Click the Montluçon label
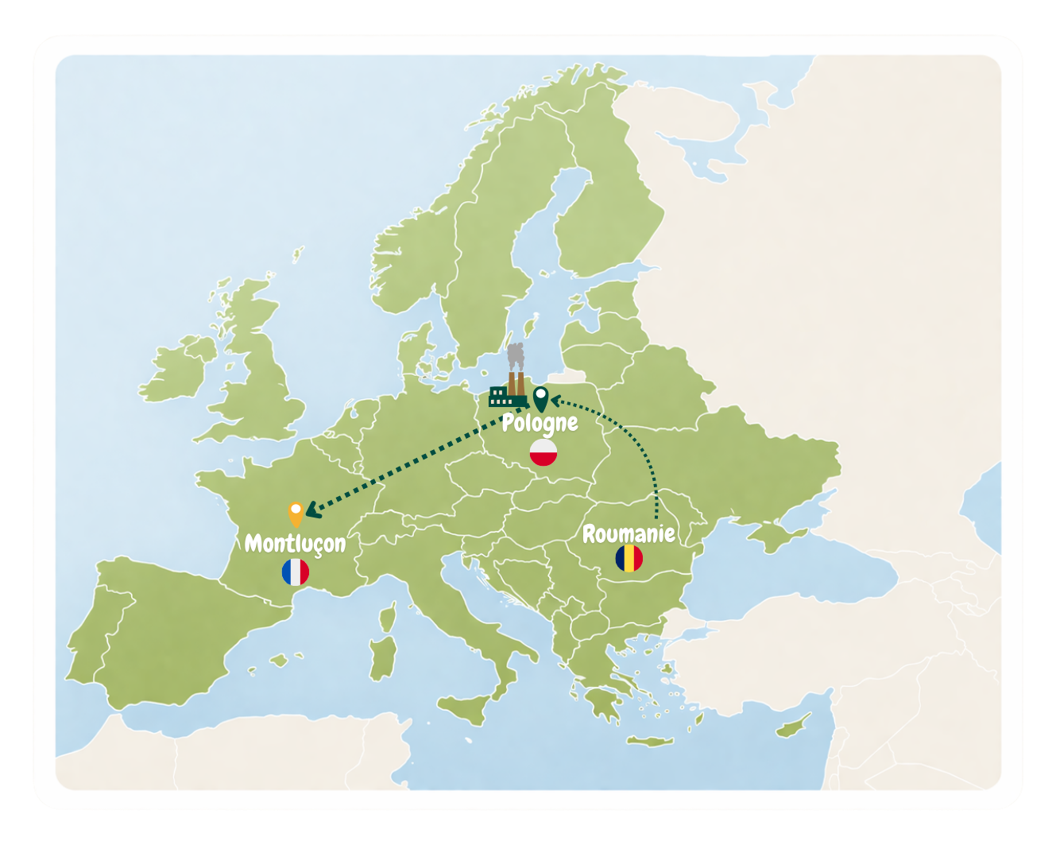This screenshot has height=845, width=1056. pos(295,543)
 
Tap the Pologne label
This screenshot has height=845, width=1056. pos(540,423)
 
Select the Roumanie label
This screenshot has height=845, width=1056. pos(629,533)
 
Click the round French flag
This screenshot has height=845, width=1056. pos(296,572)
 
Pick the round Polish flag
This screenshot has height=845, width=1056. pos(543,453)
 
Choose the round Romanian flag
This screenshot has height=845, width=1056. pos(629,558)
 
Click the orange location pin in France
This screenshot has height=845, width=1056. pos(296,513)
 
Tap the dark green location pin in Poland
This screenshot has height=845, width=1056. pos(540,397)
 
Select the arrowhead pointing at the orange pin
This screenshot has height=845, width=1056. pos(312,510)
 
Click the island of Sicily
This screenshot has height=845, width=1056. pos(467,707)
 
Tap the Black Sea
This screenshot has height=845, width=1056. pos(779,568)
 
